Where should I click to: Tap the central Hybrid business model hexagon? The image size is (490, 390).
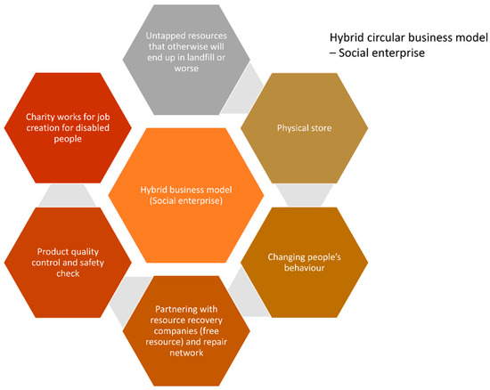tap(185, 195)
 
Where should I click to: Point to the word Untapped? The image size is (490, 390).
tap(166, 37)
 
